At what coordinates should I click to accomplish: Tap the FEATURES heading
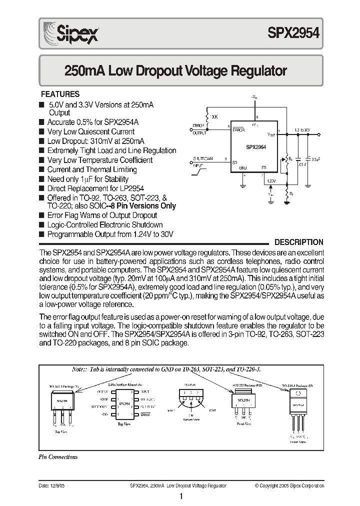point(60,94)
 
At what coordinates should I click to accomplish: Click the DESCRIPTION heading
point(299,242)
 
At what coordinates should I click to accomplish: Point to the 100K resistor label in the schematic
point(214,116)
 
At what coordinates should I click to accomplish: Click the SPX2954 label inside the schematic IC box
point(255,147)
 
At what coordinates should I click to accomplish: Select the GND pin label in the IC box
point(243,167)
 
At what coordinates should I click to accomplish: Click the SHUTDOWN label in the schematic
point(203,158)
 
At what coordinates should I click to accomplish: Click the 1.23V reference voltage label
point(271,180)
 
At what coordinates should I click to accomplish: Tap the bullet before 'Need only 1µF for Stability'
point(41,179)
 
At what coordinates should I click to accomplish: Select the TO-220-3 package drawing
point(298,404)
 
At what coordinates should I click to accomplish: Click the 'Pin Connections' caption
point(58,456)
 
